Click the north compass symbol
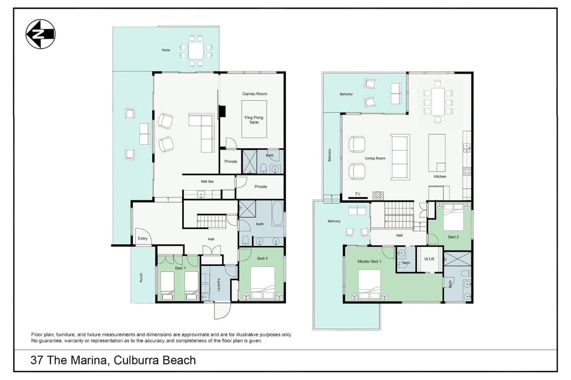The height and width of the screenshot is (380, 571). (40, 34)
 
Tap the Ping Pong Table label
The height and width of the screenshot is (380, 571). (254, 120)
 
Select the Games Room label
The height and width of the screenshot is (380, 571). (255, 94)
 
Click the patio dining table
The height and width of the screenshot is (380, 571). (196, 51)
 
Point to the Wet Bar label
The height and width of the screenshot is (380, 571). (207, 181)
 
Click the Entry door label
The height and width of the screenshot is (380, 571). (143, 238)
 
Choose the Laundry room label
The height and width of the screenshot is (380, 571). (219, 285)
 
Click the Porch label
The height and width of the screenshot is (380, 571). (141, 278)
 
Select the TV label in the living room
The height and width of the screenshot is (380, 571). (358, 194)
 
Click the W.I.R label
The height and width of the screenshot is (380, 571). (429, 259)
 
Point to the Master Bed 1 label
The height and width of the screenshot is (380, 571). (369, 262)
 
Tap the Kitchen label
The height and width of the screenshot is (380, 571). (440, 176)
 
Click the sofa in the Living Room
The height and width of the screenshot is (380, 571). (400, 157)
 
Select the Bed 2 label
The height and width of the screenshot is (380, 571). (453, 237)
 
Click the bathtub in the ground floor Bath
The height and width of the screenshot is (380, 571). (277, 214)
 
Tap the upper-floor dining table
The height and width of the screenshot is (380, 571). (437, 102)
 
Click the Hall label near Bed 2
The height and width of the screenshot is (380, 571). (399, 235)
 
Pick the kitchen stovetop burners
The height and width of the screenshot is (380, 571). (467, 171)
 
